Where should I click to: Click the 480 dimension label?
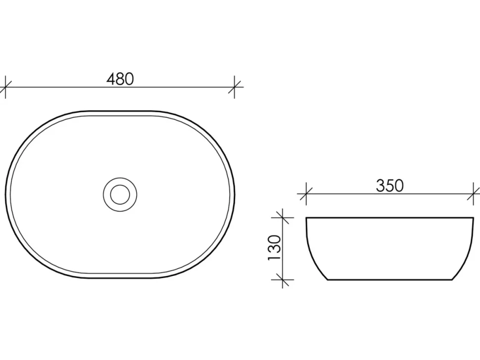(x=120, y=79)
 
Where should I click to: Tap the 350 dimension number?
(x=390, y=185)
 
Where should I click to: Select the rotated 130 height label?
(x=274, y=248)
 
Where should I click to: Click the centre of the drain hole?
(x=120, y=194)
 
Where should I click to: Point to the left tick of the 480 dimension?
(x=5, y=87)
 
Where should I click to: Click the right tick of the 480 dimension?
(x=235, y=87)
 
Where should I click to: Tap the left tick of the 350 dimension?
(x=306, y=194)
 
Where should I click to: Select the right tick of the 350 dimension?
(x=474, y=194)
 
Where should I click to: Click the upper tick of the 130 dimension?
(x=282, y=218)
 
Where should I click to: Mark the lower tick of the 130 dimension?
(x=282, y=279)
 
